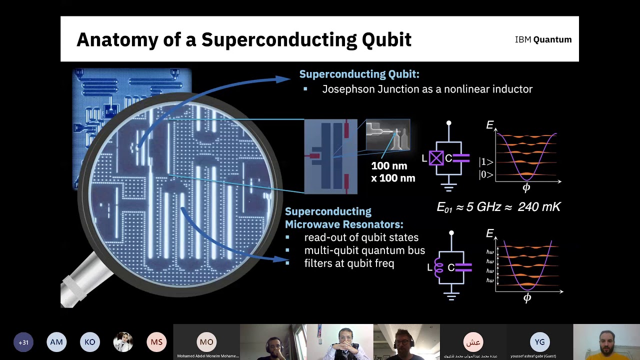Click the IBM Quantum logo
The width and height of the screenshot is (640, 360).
543,39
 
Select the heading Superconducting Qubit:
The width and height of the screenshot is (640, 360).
359,74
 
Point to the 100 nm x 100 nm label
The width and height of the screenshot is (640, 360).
392,171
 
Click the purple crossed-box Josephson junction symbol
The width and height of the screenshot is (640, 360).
436,158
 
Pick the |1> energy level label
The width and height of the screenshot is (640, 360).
486,162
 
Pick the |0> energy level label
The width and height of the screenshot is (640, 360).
486,174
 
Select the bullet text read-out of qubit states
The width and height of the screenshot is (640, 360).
361,237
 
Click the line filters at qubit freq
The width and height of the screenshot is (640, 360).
349,263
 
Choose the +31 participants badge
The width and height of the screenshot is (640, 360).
23,342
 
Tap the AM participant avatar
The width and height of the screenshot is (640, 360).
56,342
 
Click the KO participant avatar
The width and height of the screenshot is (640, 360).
90,342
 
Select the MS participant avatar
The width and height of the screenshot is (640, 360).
156,342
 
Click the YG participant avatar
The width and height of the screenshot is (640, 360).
539,342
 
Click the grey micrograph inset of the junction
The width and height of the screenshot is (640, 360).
387,135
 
